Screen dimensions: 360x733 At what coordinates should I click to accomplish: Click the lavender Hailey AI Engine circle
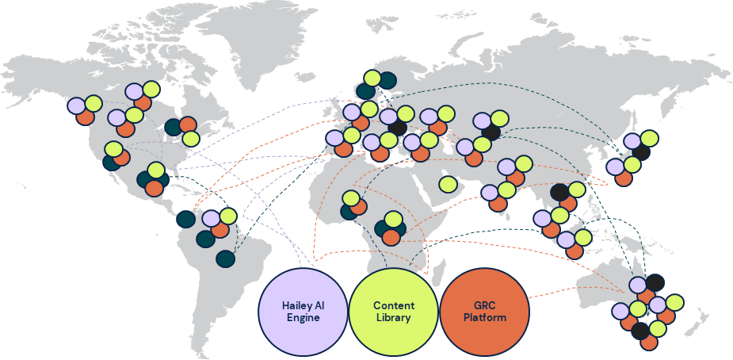(304, 312)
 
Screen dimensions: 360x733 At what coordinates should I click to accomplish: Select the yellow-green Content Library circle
(393, 312)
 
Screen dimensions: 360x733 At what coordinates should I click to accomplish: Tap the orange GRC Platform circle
(483, 312)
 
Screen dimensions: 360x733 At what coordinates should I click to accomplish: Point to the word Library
(393, 318)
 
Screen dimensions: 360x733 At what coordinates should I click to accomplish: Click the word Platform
(483, 318)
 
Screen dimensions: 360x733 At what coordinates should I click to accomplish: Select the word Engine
(304, 318)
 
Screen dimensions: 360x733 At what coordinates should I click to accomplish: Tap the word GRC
(483, 305)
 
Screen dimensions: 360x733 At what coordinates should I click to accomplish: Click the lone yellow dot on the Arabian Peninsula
(448, 184)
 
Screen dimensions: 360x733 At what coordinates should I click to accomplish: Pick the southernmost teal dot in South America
(225, 259)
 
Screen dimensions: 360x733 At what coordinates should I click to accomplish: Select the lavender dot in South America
(211, 218)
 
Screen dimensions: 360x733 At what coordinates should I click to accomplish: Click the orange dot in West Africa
(358, 207)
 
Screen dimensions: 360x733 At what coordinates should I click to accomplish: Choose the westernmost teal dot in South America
(185, 219)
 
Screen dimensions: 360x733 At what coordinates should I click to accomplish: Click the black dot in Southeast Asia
(560, 192)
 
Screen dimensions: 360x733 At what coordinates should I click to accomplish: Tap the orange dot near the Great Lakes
(188, 125)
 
